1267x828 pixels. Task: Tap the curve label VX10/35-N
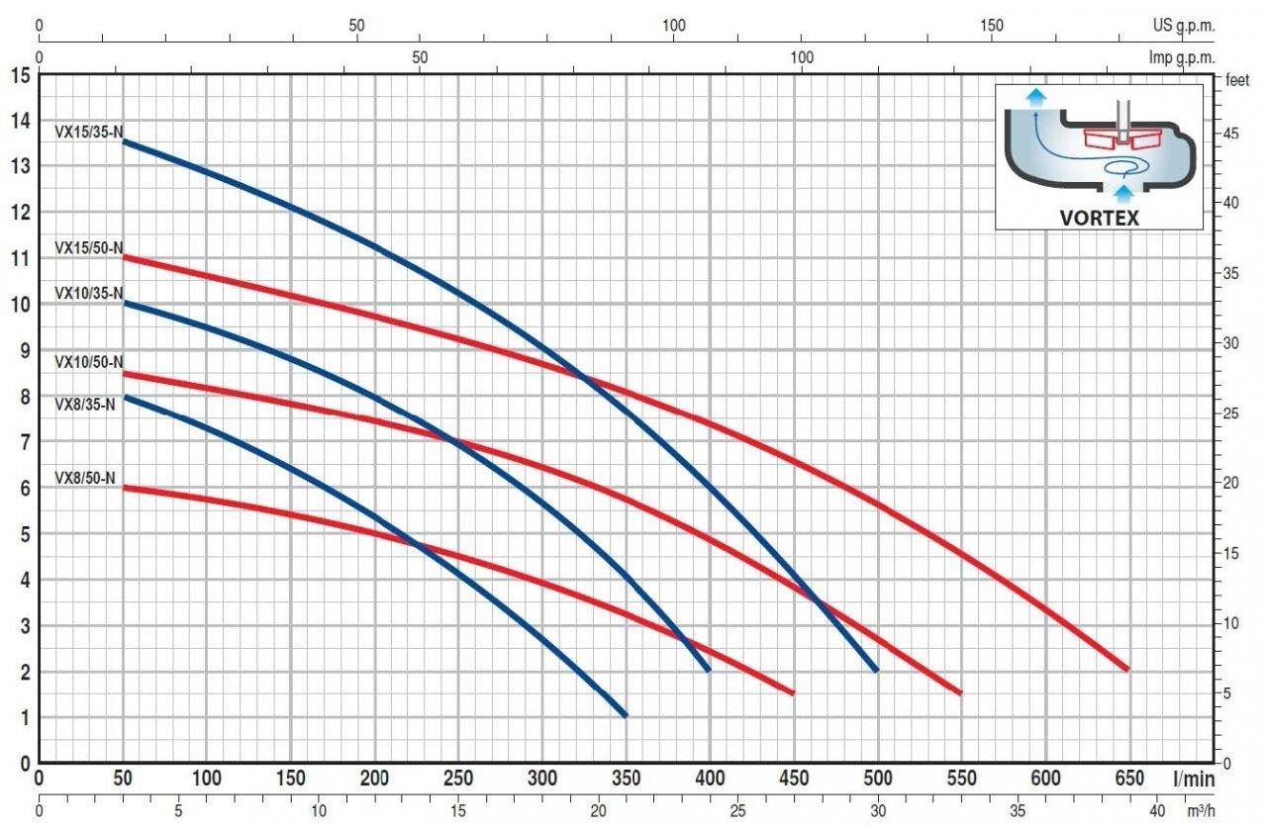click(88, 293)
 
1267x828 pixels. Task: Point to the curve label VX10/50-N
click(88, 362)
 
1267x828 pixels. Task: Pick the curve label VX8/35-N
click(85, 403)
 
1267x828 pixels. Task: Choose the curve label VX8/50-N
click(85, 478)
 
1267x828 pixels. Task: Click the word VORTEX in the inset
click(1099, 217)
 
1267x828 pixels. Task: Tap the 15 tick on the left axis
click(20, 75)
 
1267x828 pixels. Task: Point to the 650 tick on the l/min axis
click(1129, 779)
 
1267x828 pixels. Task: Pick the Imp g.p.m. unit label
click(1179, 57)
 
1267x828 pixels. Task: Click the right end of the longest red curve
click(1126, 670)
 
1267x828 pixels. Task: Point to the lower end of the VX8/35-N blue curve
click(625, 714)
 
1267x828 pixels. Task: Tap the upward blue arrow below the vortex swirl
click(1122, 192)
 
